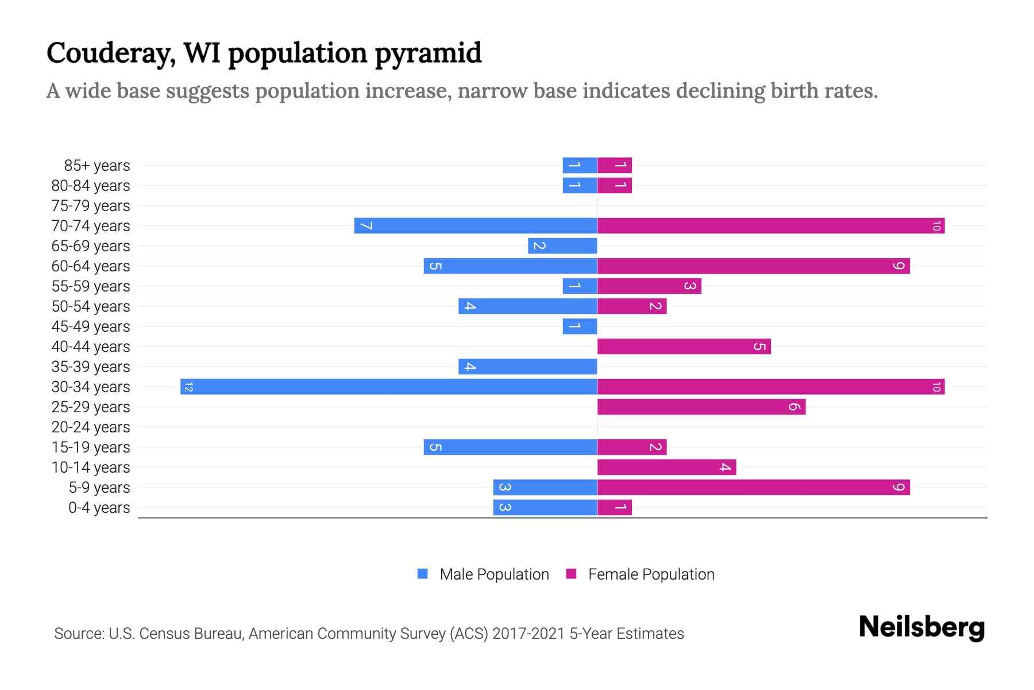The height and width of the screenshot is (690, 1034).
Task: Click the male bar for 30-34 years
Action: pyautogui.click(x=389, y=386)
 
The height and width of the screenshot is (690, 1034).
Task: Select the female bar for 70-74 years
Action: pyautogui.click(x=771, y=225)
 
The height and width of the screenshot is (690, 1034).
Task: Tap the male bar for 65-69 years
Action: pyautogui.click(x=562, y=246)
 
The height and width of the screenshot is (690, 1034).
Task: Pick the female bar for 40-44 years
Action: pyautogui.click(x=684, y=346)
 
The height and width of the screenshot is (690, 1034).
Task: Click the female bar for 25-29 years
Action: pyautogui.click(x=701, y=407)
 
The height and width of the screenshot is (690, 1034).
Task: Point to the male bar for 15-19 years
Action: pyautogui.click(x=510, y=447)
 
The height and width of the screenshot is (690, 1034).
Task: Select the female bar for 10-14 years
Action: pyautogui.click(x=666, y=467)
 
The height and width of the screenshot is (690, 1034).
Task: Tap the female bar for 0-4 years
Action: pyautogui.click(x=615, y=507)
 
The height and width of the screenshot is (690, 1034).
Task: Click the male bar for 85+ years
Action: pyautogui.click(x=580, y=165)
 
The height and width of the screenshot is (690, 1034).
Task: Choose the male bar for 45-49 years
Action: pyautogui.click(x=580, y=326)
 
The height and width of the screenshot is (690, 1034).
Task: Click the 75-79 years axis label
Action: pyautogui.click(x=91, y=206)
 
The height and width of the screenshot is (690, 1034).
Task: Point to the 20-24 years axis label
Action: pyautogui.click(x=91, y=427)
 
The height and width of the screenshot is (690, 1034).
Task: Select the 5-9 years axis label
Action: pyautogui.click(x=99, y=488)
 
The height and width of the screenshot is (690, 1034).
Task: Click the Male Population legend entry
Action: pyautogui.click(x=494, y=574)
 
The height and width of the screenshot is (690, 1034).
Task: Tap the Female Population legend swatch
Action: pyautogui.click(x=571, y=574)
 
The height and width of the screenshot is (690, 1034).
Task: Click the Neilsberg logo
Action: pyautogui.click(x=921, y=627)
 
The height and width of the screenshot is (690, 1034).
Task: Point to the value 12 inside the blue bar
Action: pyautogui.click(x=189, y=387)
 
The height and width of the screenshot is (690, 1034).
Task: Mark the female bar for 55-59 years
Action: pyautogui.click(x=649, y=286)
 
